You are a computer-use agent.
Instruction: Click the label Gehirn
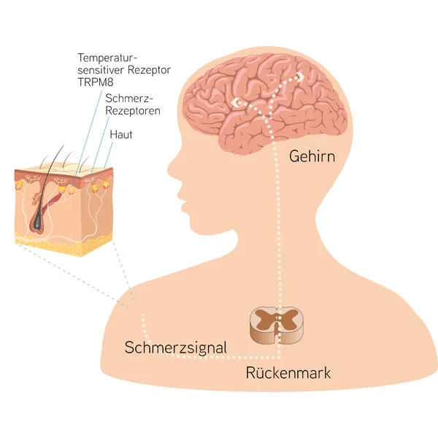coord(312,156)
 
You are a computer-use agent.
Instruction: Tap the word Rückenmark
coord(288,372)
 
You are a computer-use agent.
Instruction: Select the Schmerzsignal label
coord(176,347)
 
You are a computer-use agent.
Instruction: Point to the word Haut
coord(120,134)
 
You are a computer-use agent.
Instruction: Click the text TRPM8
coord(96,82)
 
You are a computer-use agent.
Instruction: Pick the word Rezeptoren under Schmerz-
coord(133,111)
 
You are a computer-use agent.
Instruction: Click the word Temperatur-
coord(107,58)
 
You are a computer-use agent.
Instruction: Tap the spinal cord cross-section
coord(277,325)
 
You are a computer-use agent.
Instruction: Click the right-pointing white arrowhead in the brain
coord(300,77)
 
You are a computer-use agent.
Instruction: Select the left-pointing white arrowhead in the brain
coord(235,102)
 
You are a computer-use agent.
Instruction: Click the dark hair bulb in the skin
coord(37,220)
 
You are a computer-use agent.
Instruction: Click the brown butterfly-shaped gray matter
coord(277,318)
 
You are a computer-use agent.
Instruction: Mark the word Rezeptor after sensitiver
coord(149,70)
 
